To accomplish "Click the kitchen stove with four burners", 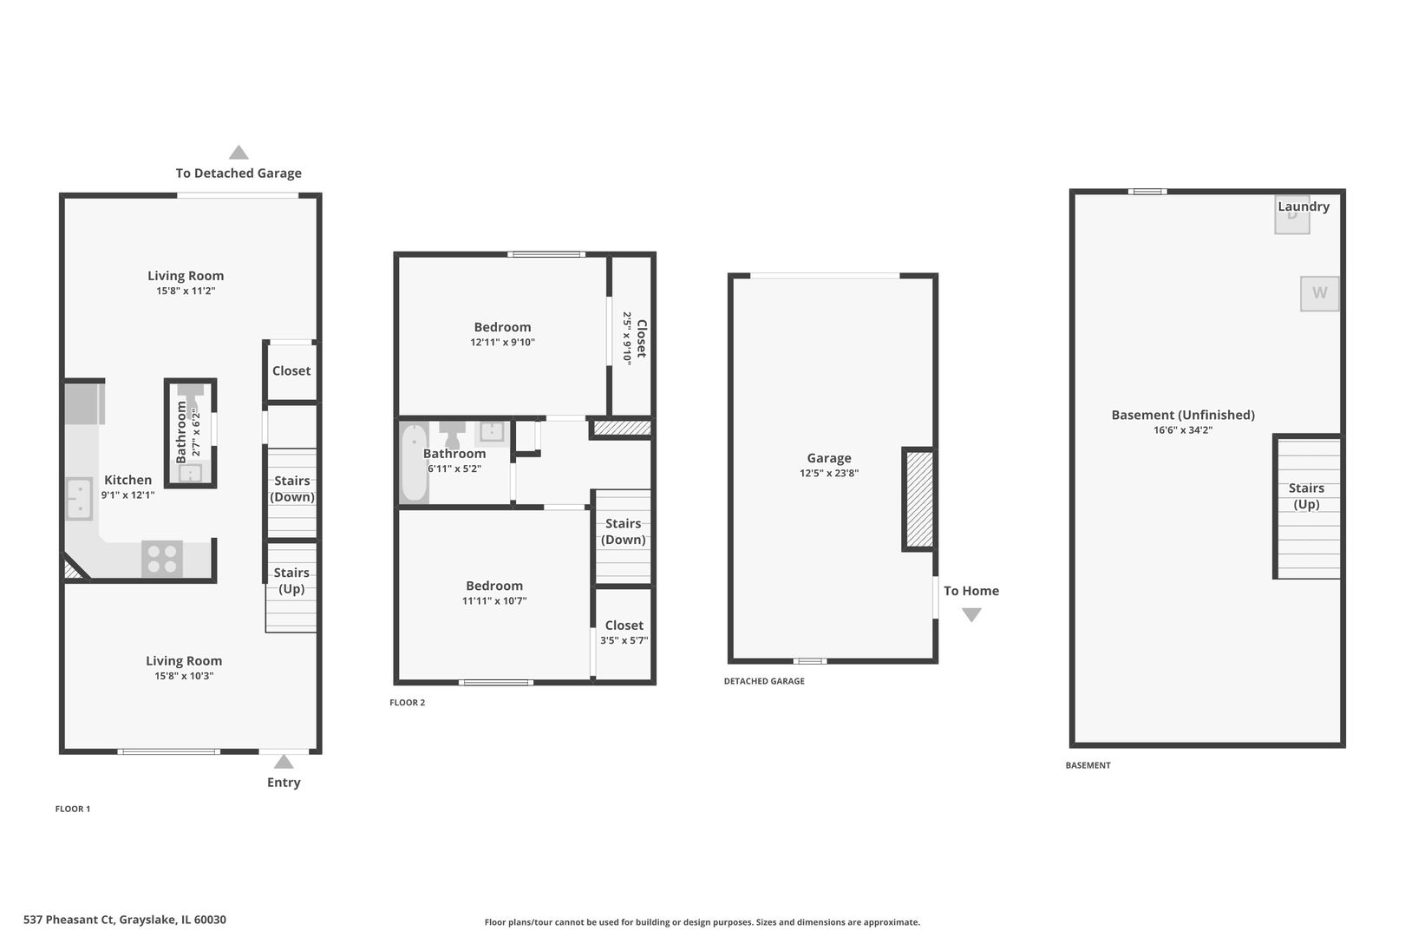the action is coord(162,559).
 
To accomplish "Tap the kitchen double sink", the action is coord(80,499).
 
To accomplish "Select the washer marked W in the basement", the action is coord(1319,293).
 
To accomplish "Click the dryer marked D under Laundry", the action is coord(1292,215).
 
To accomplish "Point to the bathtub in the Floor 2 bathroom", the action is coord(414,462).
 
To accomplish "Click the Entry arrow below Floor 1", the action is coord(284,762).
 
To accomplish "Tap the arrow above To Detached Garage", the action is coord(239,152).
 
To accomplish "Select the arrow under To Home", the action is coord(971,615).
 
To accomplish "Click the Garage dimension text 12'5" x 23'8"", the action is coord(828,473).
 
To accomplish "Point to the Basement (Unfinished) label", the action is coord(1183,415).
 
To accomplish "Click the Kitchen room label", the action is coord(128,480).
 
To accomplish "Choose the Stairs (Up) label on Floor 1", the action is coord(291,580).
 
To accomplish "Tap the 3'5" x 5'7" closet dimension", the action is coord(624,640).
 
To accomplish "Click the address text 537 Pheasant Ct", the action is coord(69,920).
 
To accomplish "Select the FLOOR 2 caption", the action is coord(407,702).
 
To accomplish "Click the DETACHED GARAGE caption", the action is coord(764,681).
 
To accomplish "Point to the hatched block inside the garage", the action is coord(919,499).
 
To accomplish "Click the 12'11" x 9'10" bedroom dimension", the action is coord(502,342).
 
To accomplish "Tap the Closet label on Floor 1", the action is coord(291,371).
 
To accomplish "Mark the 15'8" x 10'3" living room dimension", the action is coord(184,676).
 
